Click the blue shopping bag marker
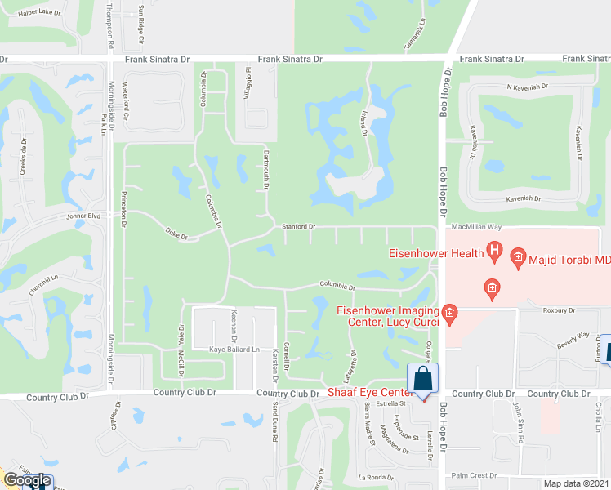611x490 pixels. (x=422, y=380)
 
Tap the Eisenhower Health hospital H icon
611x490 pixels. (x=493, y=251)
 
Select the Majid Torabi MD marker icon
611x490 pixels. (x=518, y=260)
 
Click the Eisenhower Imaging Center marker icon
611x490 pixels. (x=449, y=312)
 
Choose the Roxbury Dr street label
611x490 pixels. (x=560, y=310)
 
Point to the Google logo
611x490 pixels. (x=27, y=481)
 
